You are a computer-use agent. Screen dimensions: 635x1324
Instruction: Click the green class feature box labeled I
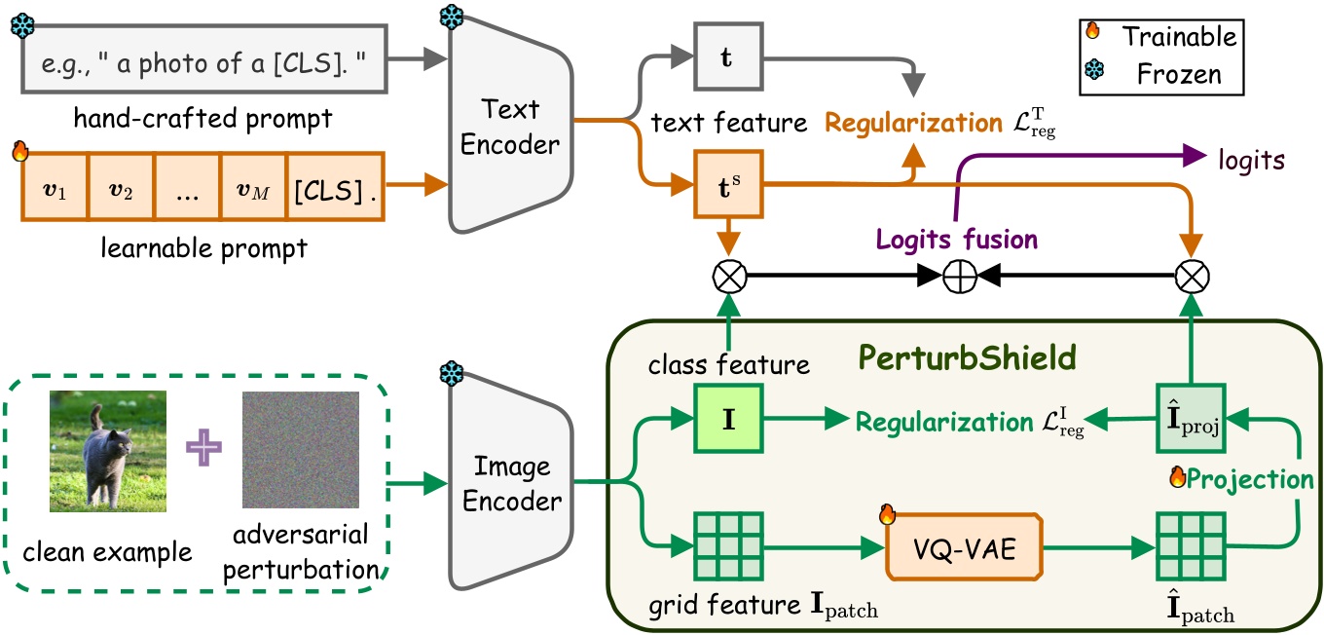click(x=725, y=420)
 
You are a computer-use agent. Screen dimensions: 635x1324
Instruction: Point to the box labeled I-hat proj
click(x=1188, y=420)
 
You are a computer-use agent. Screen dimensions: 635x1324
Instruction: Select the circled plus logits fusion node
click(x=960, y=278)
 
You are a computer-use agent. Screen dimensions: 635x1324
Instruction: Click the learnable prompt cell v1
click(x=55, y=186)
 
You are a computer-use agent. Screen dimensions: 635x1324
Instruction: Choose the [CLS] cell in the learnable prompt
click(x=334, y=186)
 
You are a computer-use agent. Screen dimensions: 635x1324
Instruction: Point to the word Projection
click(x=1250, y=478)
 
